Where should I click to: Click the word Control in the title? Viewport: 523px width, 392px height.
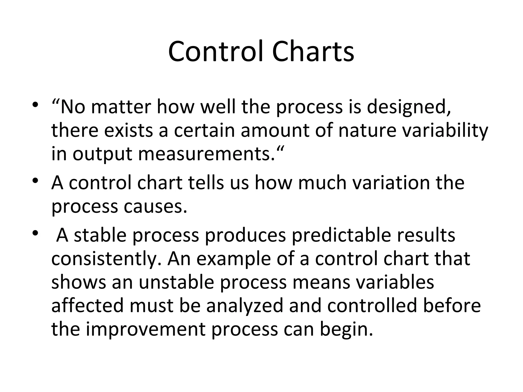tap(216, 52)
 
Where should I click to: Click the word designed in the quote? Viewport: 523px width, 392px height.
tap(408, 107)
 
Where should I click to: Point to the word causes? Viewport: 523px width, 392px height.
tap(155, 206)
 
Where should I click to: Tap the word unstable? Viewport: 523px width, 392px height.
tap(176, 282)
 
